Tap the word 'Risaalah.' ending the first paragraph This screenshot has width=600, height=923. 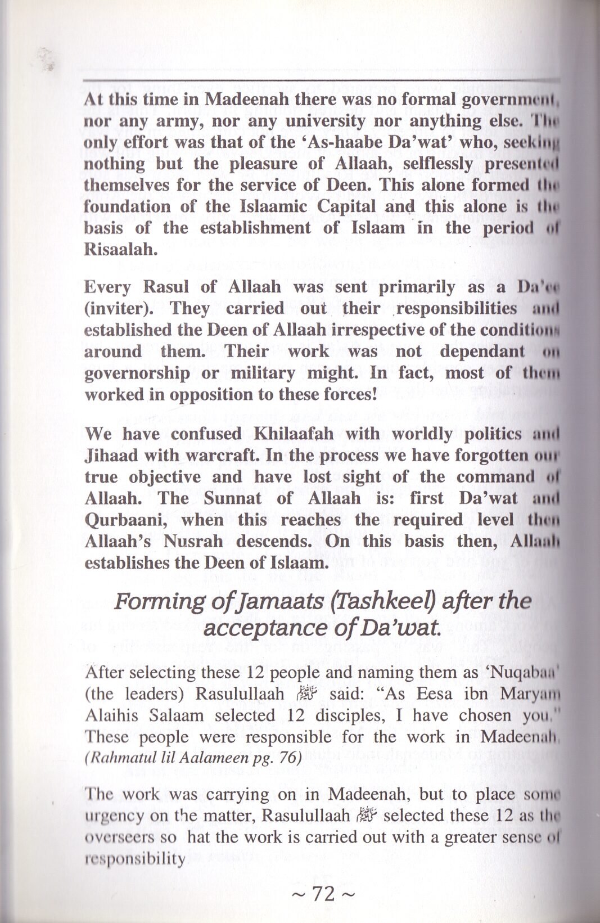119,249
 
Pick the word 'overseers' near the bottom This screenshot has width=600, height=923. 118,837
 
